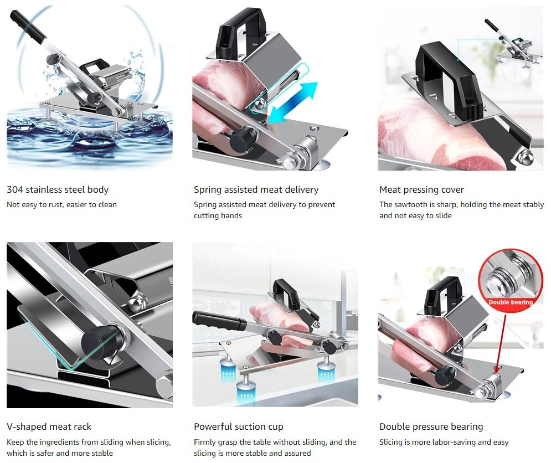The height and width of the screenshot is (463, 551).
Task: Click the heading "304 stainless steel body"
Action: (58, 189)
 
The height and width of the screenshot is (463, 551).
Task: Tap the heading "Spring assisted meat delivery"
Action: (256, 190)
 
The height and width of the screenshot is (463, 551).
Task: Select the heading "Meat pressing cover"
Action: (421, 190)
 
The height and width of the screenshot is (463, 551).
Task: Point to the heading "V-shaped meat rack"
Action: (49, 427)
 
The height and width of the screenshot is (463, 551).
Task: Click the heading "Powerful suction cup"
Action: (239, 427)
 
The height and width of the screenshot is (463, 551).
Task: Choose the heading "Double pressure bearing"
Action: (431, 427)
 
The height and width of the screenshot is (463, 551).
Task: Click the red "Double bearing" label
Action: (510, 302)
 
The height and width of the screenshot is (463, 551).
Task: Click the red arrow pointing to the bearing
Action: (501, 343)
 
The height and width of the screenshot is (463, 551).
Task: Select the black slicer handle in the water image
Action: (28, 27)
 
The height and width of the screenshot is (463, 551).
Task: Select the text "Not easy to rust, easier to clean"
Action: (62, 204)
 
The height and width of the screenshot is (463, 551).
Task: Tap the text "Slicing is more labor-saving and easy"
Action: (444, 443)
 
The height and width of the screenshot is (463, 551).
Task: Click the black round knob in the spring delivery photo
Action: (243, 139)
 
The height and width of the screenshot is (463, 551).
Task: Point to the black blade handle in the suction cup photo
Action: (219, 320)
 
